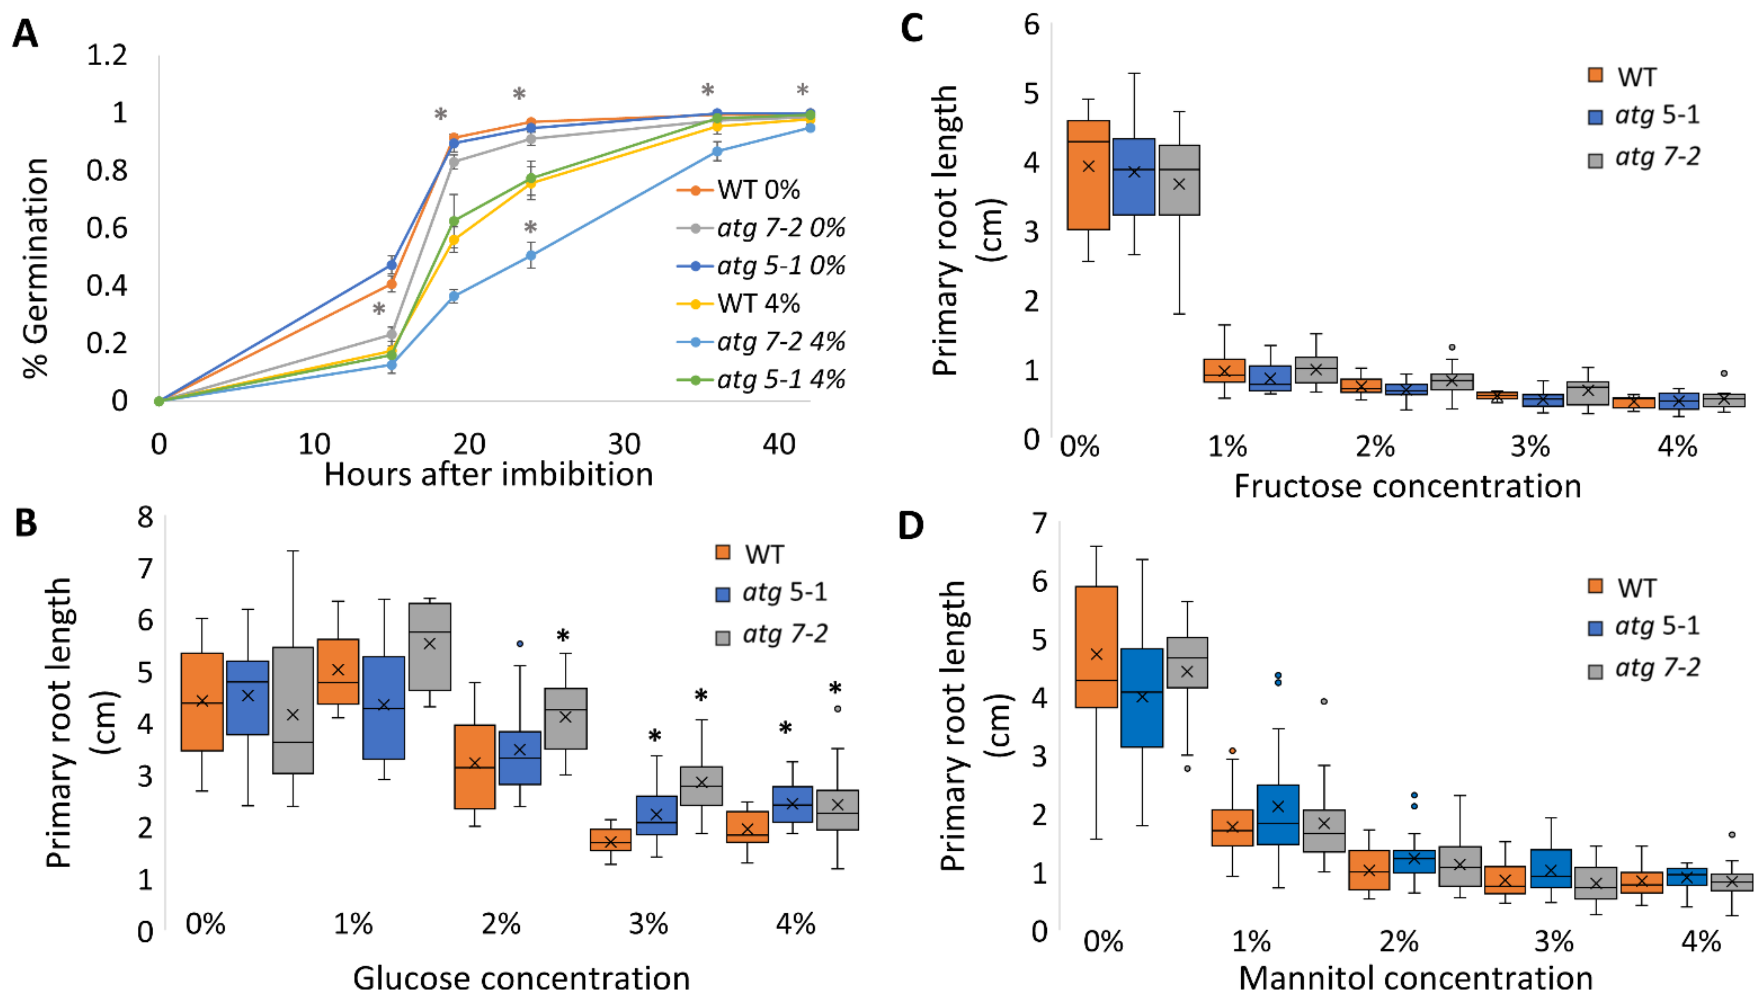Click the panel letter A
point(26,33)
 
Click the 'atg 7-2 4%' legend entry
point(780,342)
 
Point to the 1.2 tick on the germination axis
point(107,55)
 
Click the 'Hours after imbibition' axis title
point(488,475)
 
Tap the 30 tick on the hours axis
point(624,444)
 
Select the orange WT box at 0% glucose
point(202,701)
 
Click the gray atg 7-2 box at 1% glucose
point(430,646)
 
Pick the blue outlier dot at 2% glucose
point(520,643)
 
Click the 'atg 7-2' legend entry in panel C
point(1657,158)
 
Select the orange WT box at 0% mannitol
point(1096,646)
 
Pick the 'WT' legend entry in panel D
point(1636,588)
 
